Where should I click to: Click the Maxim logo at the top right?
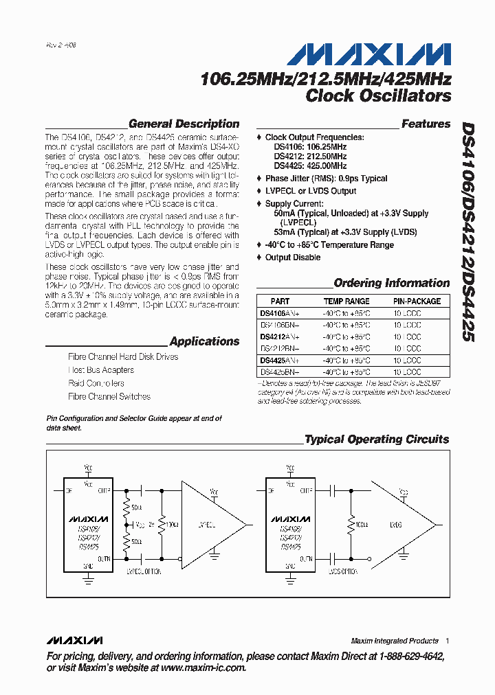(x=368, y=54)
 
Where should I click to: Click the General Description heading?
(x=184, y=124)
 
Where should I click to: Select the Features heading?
(x=426, y=124)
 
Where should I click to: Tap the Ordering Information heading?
(x=391, y=283)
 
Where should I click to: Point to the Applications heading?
(x=204, y=341)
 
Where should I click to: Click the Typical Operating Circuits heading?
(x=376, y=440)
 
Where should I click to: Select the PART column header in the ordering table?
(x=280, y=301)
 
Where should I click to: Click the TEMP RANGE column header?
(x=346, y=301)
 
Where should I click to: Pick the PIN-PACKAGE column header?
(x=417, y=301)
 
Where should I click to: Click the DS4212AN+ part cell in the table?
(x=280, y=337)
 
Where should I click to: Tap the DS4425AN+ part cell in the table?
(x=280, y=360)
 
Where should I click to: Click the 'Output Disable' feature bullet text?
(x=292, y=258)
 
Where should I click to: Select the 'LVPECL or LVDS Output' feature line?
(x=311, y=191)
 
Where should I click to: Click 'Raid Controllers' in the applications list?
(x=96, y=383)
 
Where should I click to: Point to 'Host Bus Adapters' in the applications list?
(x=101, y=370)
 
